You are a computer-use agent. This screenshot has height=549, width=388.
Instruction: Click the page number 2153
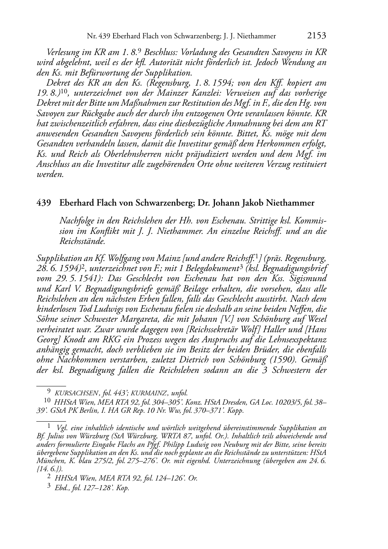tap(317, 36)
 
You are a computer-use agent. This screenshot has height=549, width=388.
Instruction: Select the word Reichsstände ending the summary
tap(82, 241)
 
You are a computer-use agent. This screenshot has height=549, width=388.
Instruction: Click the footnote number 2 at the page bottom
tap(49, 477)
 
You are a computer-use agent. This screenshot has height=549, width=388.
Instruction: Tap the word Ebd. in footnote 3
tap(62, 488)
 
